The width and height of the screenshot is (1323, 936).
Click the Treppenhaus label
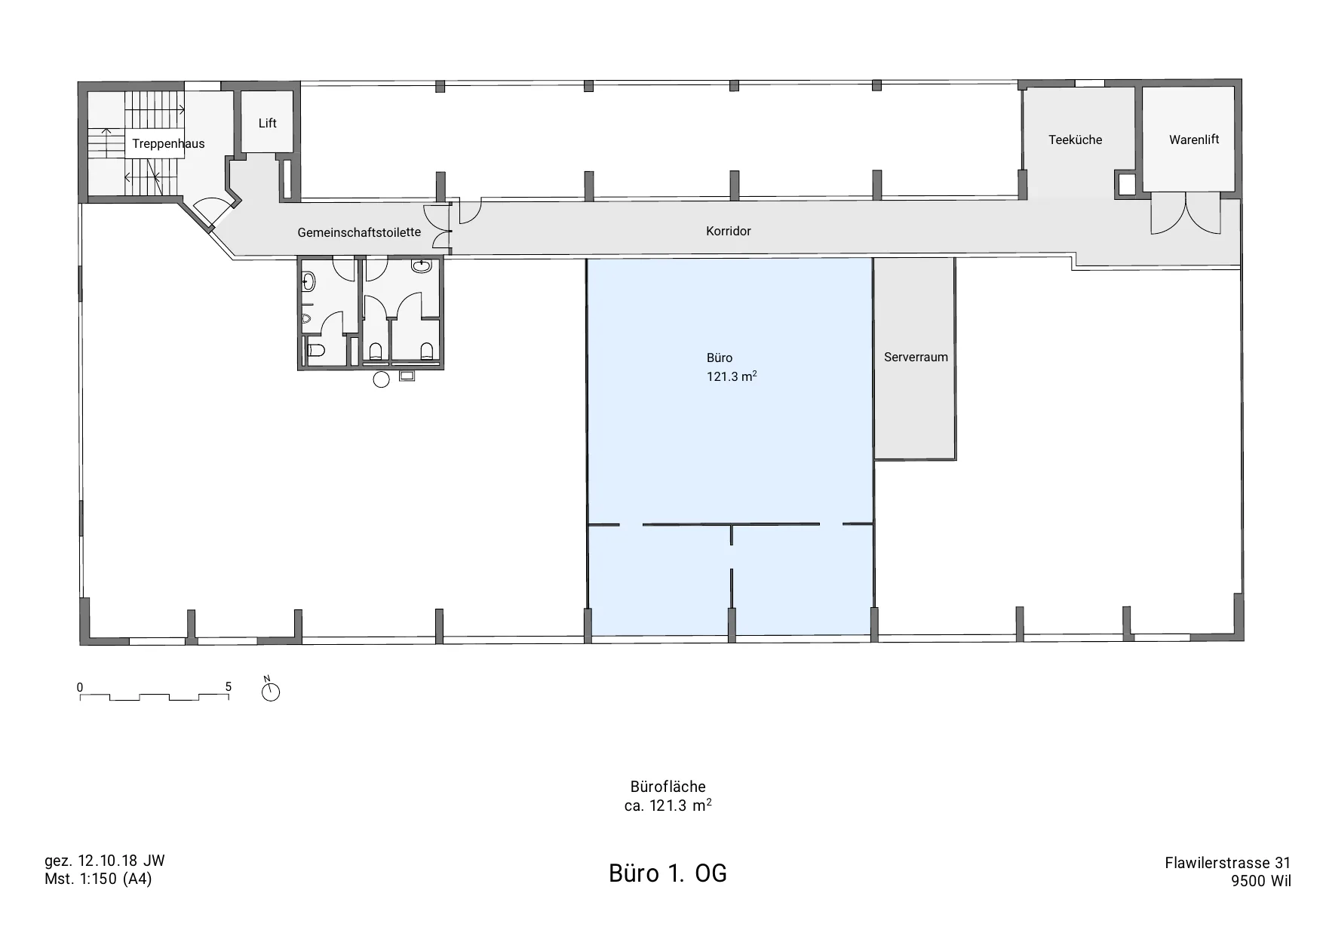point(168,144)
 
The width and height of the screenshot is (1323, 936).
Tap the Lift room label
point(268,123)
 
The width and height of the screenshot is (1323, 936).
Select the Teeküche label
point(1076,140)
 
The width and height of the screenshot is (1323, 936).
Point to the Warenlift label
point(1194,140)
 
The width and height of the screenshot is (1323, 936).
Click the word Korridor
point(729,231)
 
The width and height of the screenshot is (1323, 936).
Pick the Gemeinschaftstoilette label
point(359,232)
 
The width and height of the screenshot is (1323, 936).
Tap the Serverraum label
point(916,357)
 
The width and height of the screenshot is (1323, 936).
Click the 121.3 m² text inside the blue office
point(732,376)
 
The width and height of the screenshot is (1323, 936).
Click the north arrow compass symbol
point(270,690)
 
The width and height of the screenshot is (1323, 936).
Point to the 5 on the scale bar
point(229,687)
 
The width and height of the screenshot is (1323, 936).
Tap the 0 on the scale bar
point(80,687)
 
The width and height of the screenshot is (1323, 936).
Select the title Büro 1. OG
point(668,873)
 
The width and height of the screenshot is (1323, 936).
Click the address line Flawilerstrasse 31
point(1228,863)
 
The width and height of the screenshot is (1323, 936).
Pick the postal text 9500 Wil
point(1260,881)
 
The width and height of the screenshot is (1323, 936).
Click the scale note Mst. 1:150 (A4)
point(98,879)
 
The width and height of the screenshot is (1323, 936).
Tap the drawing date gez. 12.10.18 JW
point(105,861)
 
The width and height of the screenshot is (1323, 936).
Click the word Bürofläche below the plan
point(668,787)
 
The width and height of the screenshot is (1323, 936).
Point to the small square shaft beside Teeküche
point(1125,185)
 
